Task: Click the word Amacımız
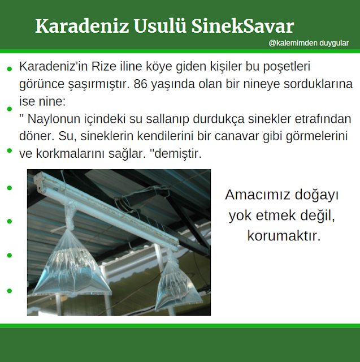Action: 258,195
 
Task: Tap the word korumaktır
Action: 284,235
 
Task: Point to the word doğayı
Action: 316,195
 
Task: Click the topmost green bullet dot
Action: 9,68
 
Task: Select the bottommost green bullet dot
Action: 9,291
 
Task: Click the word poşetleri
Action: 290,67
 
